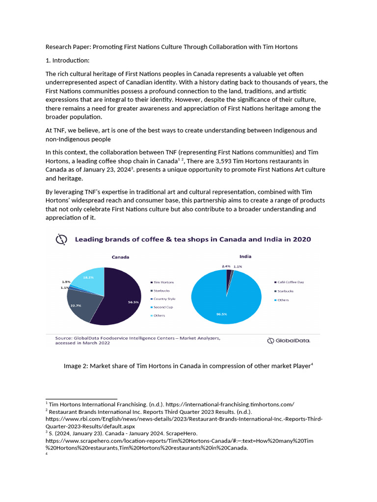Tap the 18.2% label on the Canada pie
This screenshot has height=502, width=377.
pyautogui.click(x=88, y=277)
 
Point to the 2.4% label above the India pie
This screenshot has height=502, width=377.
pyautogui.click(x=226, y=266)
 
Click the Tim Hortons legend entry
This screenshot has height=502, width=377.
pyautogui.click(x=163, y=282)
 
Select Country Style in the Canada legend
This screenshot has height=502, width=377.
pyautogui.click(x=164, y=299)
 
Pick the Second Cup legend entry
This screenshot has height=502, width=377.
pyautogui.click(x=163, y=307)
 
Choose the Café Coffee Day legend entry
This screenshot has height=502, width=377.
pyautogui.click(x=291, y=282)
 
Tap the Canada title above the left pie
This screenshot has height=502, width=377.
pyautogui.click(x=120, y=257)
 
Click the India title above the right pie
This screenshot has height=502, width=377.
pyautogui.click(x=245, y=255)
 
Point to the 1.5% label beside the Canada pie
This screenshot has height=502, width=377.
pyautogui.click(x=66, y=282)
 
